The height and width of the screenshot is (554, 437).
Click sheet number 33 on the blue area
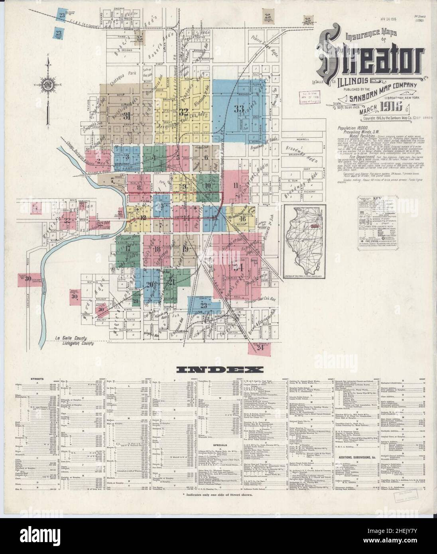[x=238, y=109]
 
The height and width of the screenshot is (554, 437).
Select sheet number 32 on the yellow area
[x=184, y=111]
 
